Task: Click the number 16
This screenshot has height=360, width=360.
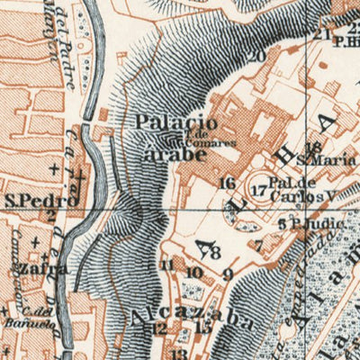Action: [x=226, y=183]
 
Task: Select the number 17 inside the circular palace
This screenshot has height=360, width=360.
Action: [x=258, y=190]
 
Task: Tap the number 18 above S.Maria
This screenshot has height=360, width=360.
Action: [x=313, y=148]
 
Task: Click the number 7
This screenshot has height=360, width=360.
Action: [x=258, y=244]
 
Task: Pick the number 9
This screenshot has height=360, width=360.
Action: [x=228, y=274]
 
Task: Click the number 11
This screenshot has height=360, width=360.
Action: [x=166, y=265]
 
